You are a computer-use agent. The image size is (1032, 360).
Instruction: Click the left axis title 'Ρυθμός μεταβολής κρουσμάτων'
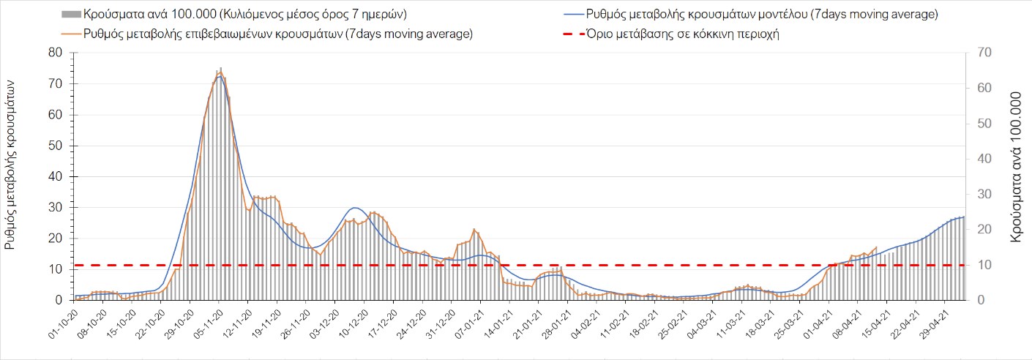click(x=10, y=165)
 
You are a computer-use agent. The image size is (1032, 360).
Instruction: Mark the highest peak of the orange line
click(x=220, y=70)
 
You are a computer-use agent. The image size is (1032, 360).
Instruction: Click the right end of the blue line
click(x=964, y=217)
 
